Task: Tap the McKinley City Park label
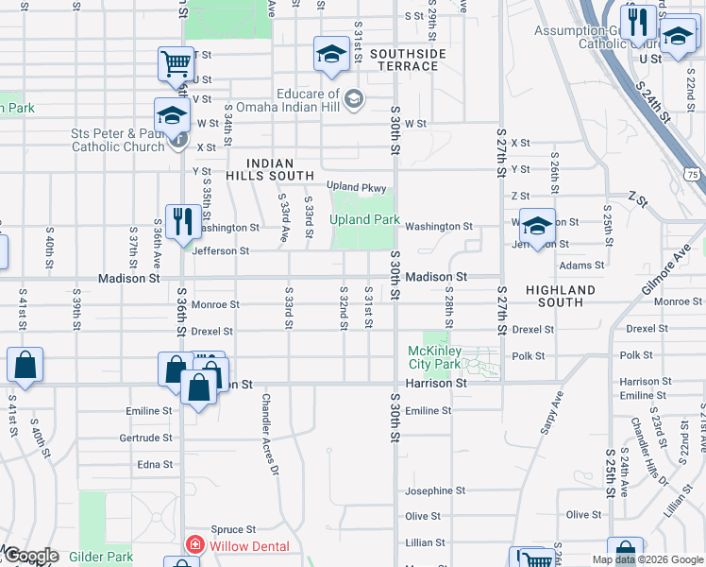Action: (x=433, y=357)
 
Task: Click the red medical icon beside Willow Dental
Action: (x=194, y=545)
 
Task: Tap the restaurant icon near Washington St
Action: (x=182, y=223)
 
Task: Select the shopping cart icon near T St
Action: (x=175, y=65)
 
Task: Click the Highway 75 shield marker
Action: (x=694, y=175)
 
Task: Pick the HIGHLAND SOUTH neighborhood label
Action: (x=561, y=296)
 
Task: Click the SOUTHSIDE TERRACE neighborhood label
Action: (x=407, y=60)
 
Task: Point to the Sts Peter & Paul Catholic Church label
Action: (x=117, y=140)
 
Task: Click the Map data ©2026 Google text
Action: (x=647, y=559)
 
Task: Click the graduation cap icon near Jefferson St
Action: (x=537, y=227)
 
